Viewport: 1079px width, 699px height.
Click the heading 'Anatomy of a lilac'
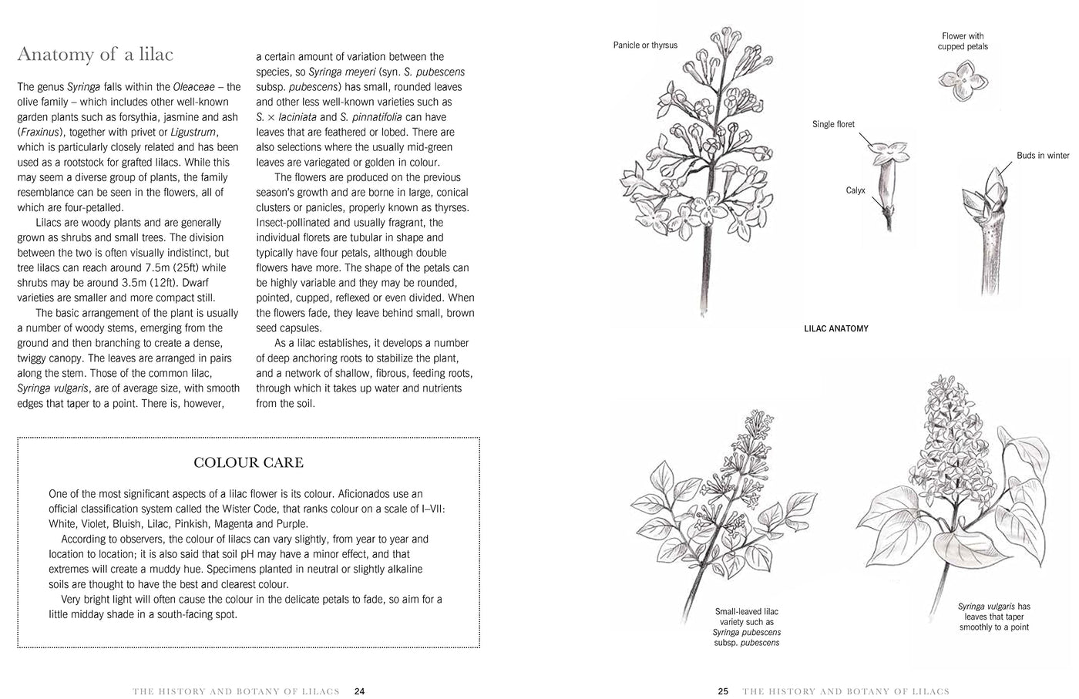(x=95, y=54)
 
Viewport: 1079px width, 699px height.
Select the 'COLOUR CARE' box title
(x=248, y=462)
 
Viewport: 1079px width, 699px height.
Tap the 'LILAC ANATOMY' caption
(x=835, y=328)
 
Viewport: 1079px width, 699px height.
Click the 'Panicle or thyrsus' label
(x=645, y=45)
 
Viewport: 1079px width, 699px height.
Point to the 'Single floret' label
(x=833, y=124)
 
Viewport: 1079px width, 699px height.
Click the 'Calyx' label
(x=855, y=190)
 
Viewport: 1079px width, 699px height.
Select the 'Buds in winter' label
(x=1043, y=156)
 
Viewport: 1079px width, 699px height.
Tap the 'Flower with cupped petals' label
(x=963, y=41)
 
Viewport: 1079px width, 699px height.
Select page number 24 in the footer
(x=359, y=691)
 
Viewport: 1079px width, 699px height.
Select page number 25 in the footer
(x=723, y=691)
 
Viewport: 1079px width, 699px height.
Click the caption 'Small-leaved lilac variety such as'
(x=746, y=617)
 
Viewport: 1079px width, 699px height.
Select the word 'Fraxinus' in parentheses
(x=40, y=133)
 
